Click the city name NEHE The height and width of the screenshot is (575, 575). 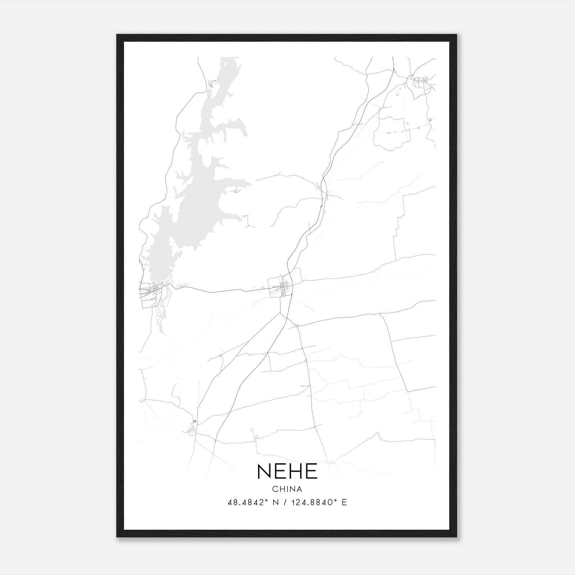pyautogui.click(x=287, y=471)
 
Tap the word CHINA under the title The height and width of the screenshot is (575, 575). pyautogui.click(x=287, y=489)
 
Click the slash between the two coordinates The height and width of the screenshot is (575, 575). pyautogui.click(x=285, y=502)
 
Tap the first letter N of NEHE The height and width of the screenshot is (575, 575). pyautogui.click(x=263, y=471)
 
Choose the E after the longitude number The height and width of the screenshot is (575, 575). pyautogui.click(x=344, y=502)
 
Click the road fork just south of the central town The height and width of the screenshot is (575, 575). pyautogui.click(x=280, y=313)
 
